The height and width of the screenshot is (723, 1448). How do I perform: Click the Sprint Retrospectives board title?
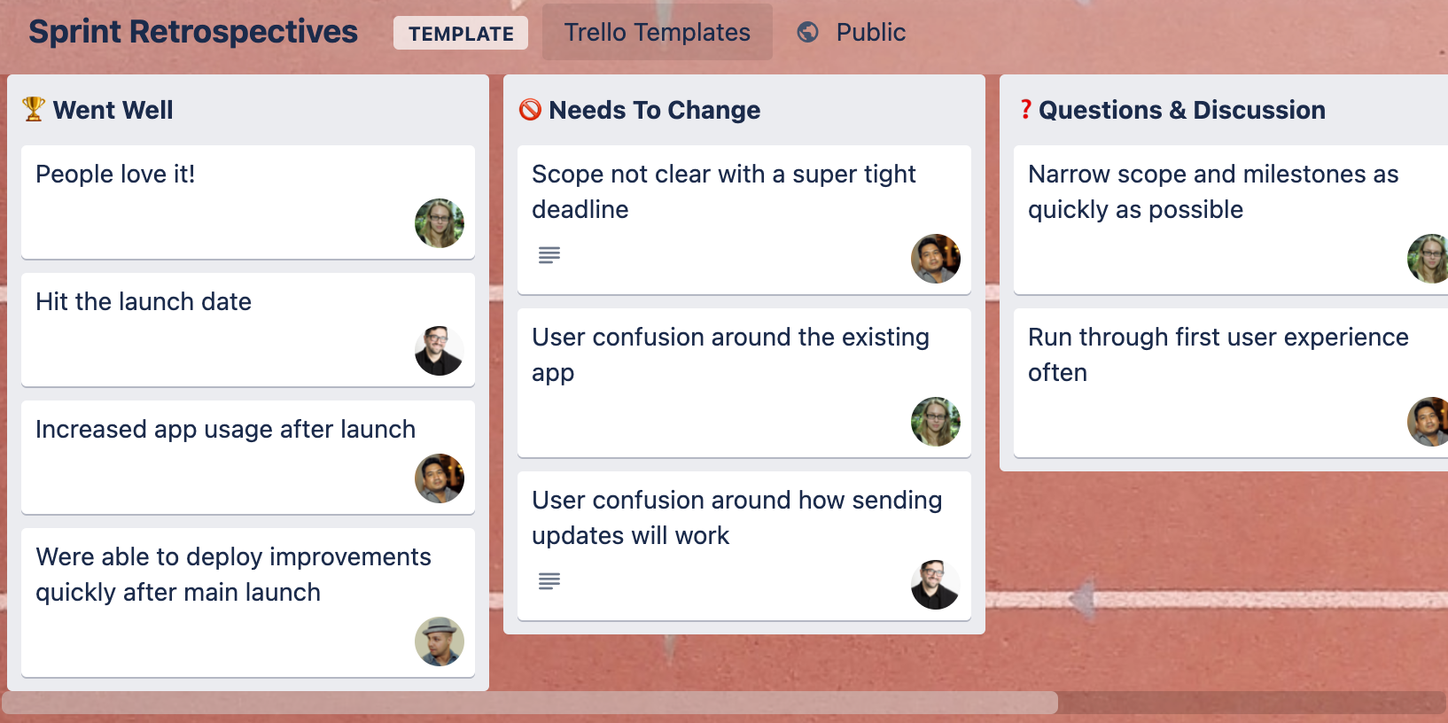(x=192, y=32)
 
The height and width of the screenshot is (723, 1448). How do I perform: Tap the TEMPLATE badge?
(x=461, y=33)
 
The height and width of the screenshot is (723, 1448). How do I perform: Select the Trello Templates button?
(x=658, y=32)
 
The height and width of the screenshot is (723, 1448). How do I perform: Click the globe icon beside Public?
(x=807, y=32)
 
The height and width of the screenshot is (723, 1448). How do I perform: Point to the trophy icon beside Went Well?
(x=34, y=109)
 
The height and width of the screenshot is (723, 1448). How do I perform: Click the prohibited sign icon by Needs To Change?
(x=530, y=109)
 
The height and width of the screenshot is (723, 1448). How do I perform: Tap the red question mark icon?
(x=1025, y=109)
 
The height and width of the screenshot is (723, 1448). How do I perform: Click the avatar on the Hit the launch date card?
(x=440, y=351)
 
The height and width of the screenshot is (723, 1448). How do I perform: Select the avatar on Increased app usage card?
(x=440, y=478)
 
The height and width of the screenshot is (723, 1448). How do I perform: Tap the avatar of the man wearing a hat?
(x=440, y=641)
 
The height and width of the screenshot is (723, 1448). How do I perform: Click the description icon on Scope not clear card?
(x=549, y=255)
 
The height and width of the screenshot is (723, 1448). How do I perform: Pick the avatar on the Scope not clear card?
(x=936, y=259)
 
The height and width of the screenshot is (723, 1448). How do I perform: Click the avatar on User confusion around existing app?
(x=936, y=421)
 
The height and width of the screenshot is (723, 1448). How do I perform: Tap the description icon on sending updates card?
(x=549, y=581)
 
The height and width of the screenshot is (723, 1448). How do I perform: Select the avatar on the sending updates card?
(x=936, y=585)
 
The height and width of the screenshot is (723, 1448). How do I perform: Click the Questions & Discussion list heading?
(x=1181, y=110)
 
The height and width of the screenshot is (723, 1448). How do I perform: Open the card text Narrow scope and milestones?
(x=1212, y=191)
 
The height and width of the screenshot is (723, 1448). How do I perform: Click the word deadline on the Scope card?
(x=580, y=209)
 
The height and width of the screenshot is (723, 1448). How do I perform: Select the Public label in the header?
(x=871, y=32)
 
